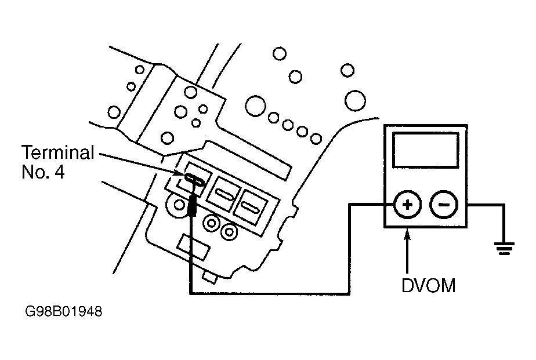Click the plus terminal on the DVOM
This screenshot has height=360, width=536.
[x=407, y=205]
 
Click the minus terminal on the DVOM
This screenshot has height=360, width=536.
[x=443, y=205]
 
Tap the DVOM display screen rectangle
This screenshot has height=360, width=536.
[x=426, y=150]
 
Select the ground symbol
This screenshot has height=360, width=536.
[x=504, y=248]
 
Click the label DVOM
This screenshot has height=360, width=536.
[x=428, y=286]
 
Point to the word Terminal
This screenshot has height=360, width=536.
[x=58, y=152]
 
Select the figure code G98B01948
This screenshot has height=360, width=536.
[x=64, y=311]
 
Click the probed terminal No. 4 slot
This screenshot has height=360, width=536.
[x=194, y=179]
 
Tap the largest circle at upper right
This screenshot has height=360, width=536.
[x=355, y=101]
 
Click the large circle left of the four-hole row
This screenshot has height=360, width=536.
[x=255, y=106]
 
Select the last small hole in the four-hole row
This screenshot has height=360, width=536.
[x=316, y=139]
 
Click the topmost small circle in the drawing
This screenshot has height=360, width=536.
[x=280, y=54]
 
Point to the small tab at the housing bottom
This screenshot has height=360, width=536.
[x=210, y=277]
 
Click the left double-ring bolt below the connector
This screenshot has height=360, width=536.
[x=211, y=223]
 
